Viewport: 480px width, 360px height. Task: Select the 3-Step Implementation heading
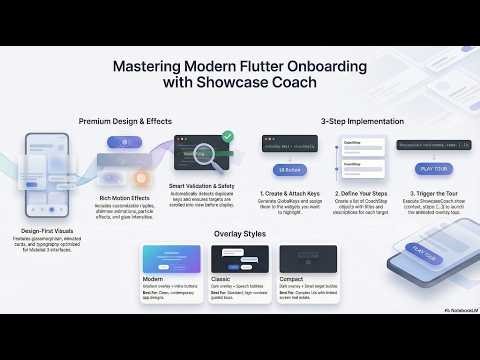361,121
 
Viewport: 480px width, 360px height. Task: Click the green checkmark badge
227,136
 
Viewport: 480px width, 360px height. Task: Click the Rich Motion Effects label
125,196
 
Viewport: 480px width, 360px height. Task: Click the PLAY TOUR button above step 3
427,169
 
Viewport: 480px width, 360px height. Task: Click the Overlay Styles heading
240,234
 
